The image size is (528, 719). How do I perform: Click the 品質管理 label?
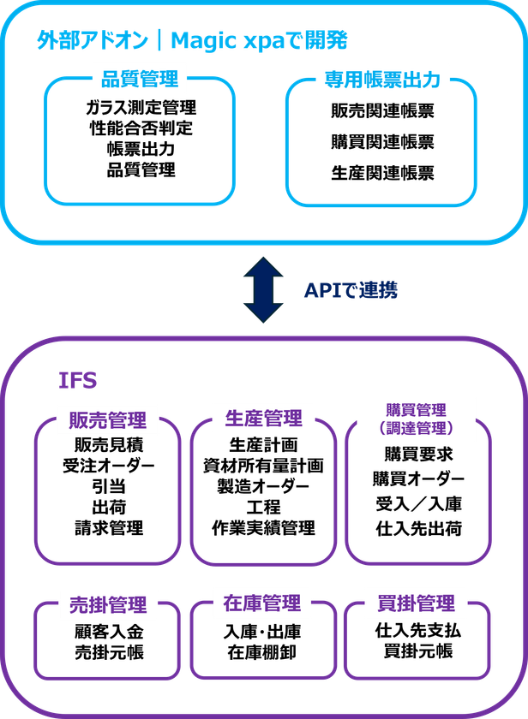pos(140,80)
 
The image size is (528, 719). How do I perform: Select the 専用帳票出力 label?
pos(381,80)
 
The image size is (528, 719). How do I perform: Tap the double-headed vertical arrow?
pos(263,290)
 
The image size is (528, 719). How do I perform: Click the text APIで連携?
pos(351,290)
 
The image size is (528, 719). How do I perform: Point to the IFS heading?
pos(77,378)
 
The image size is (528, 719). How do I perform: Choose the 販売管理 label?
pos(107,420)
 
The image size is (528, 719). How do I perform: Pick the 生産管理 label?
pos(263,418)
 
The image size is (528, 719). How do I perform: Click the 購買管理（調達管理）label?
pos(416,419)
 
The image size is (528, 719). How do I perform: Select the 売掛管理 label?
pos(107,604)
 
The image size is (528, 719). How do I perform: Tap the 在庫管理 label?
pos(262,603)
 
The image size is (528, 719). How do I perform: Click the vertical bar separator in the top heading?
pos(160,40)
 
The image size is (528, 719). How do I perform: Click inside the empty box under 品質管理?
pos(140,146)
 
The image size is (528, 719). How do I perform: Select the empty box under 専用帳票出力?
pos(381,146)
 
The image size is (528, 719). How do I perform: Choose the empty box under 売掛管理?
pos(107,651)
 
